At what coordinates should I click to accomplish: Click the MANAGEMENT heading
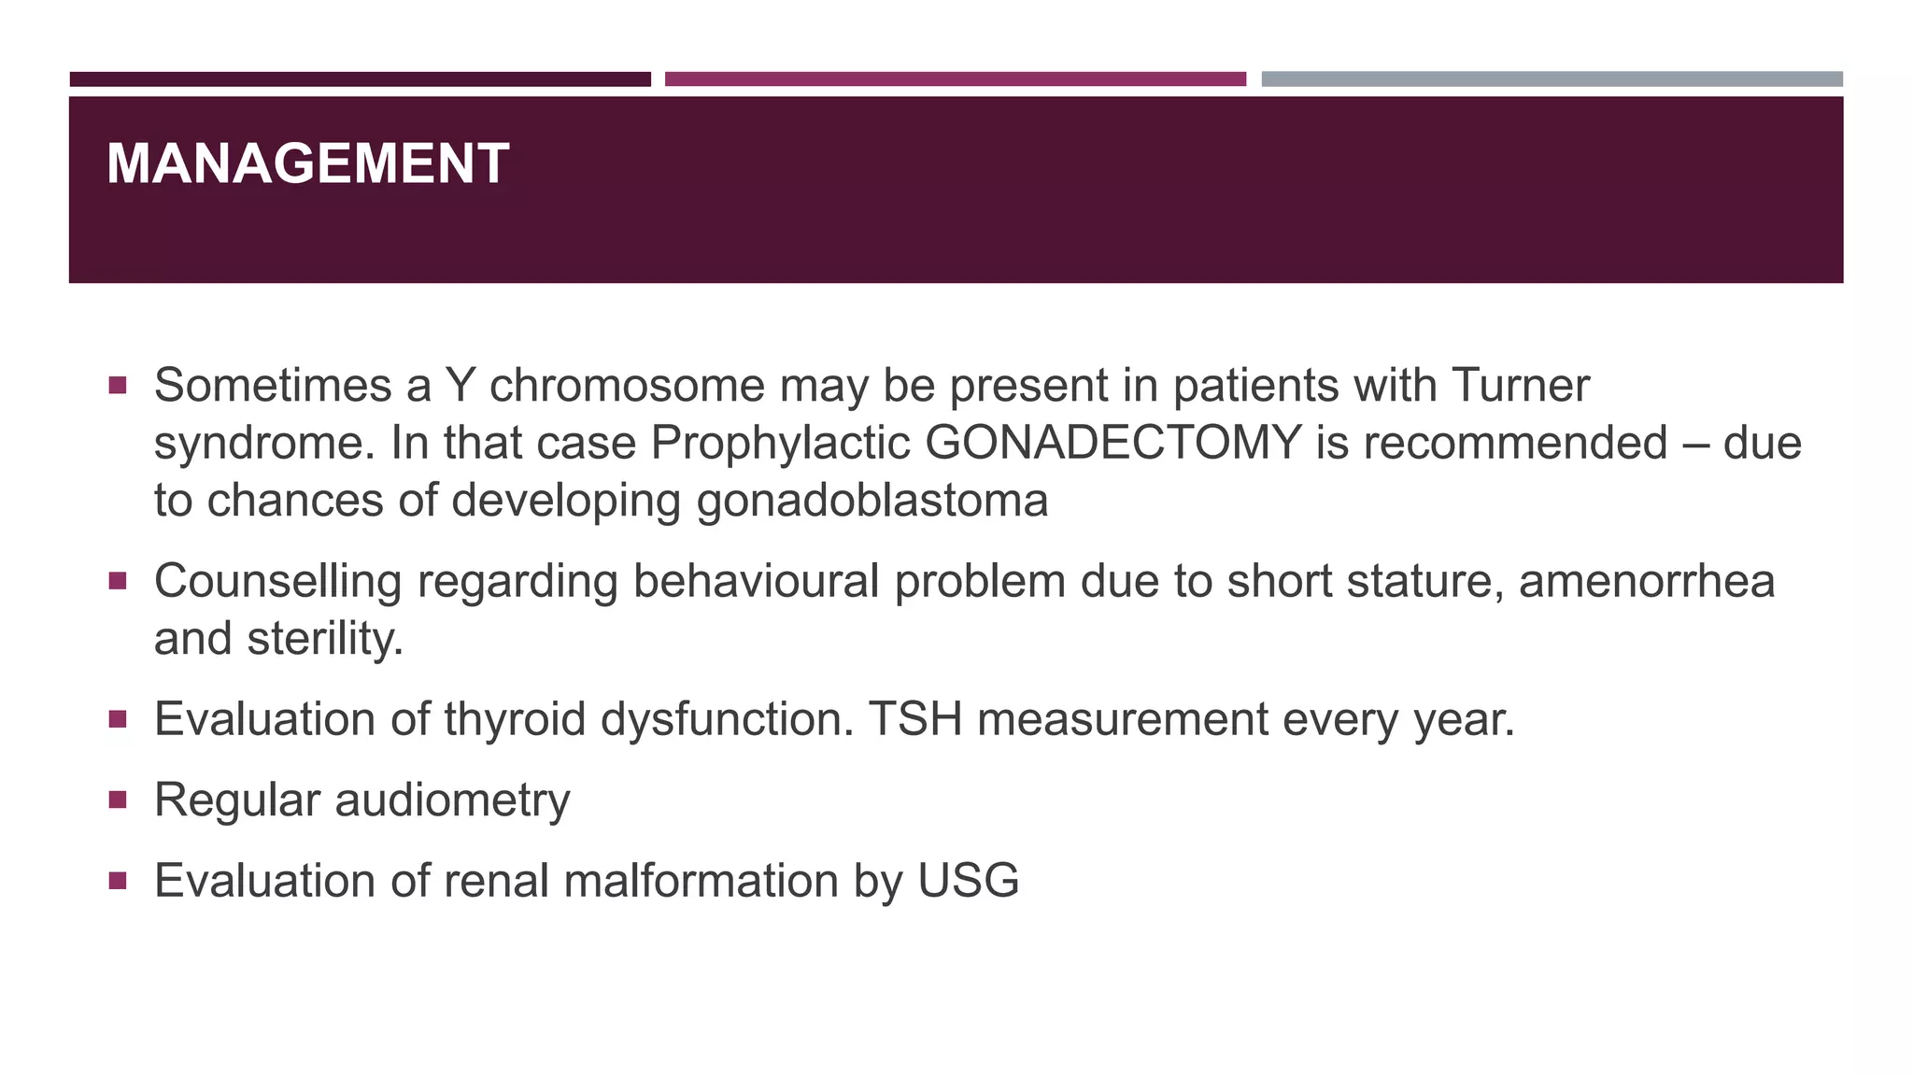[307, 164]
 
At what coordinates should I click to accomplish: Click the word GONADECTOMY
[1112, 443]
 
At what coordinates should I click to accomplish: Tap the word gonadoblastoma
[872, 501]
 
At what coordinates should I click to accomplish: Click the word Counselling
[277, 581]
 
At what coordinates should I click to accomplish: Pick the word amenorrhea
[1646, 581]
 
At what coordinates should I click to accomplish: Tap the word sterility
[325, 639]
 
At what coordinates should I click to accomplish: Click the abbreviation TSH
[914, 719]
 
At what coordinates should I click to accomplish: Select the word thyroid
[515, 719]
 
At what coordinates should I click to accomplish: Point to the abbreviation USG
[968, 881]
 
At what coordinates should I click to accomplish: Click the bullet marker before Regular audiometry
[117, 800]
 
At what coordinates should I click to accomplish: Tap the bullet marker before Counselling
[117, 581]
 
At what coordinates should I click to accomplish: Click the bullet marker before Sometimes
[117, 385]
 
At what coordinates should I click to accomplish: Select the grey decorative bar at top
[1552, 79]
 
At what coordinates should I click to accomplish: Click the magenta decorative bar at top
[955, 79]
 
